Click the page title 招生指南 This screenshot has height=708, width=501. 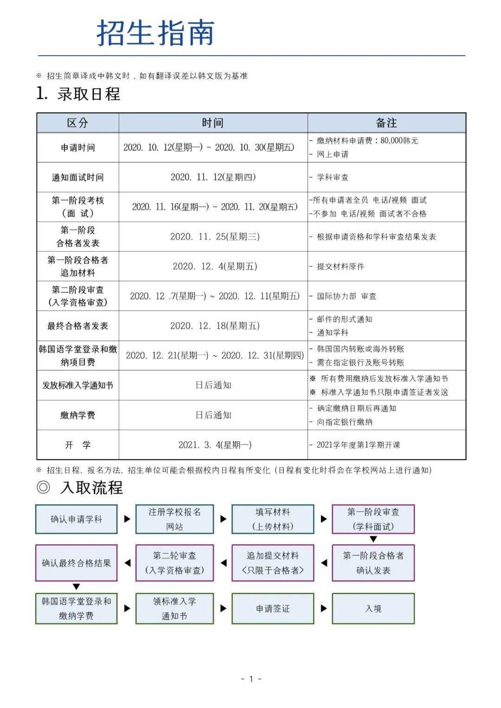point(155,33)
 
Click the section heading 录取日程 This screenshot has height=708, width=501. point(88,94)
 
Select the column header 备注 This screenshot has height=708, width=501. point(386,123)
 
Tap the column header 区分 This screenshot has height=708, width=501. point(77,123)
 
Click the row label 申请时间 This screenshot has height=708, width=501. point(77,148)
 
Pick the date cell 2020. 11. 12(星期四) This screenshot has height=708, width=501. point(213,177)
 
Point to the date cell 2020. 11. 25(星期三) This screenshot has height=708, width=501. point(214,237)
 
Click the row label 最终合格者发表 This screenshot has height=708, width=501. point(77,326)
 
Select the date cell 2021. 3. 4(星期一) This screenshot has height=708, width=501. point(215,445)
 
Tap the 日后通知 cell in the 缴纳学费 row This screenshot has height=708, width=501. point(213,415)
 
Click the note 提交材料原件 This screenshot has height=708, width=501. point(340,266)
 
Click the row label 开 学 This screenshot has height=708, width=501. point(77,445)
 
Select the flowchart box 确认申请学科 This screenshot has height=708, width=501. point(76,519)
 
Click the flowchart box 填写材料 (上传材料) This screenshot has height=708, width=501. point(272,519)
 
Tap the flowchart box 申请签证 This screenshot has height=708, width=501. point(272,608)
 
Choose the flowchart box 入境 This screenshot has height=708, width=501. point(373,608)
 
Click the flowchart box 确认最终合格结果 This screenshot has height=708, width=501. point(76,563)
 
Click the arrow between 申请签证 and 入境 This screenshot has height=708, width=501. point(323,608)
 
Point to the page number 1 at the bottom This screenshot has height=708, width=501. point(251,679)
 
